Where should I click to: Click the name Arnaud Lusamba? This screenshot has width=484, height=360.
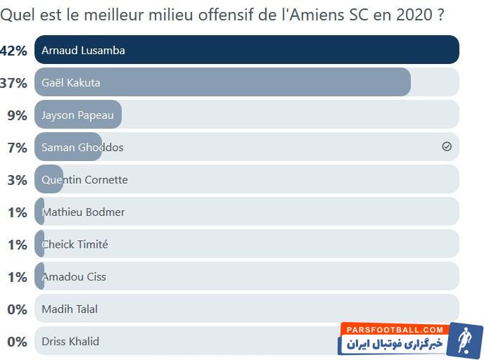pos(84,50)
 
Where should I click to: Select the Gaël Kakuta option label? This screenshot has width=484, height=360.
pos(70,82)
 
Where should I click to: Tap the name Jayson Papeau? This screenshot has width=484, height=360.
pos(77,115)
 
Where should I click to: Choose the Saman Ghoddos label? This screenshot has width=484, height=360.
pos(82,147)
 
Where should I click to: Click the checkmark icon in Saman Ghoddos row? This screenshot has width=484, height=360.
pos(447,147)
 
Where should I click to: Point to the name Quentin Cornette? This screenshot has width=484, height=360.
pos(84,179)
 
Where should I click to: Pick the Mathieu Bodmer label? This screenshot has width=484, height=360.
pos(84,212)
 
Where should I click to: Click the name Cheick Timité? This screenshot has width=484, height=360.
pos(75,244)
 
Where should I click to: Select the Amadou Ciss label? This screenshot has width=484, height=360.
pos(75,276)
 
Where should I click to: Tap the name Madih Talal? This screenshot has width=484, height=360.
pos(70,309)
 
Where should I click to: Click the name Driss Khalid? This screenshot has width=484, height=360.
pos(70,341)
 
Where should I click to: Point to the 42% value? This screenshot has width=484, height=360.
pos(13,51)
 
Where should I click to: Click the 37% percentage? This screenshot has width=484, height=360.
pos(13,83)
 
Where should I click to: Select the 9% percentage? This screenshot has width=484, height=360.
pos(17,115)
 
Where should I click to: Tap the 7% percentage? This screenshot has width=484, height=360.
pos(17,148)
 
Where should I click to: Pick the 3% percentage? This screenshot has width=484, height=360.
pos(17,180)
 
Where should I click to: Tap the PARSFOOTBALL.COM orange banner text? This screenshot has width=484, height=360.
pos(393,329)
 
